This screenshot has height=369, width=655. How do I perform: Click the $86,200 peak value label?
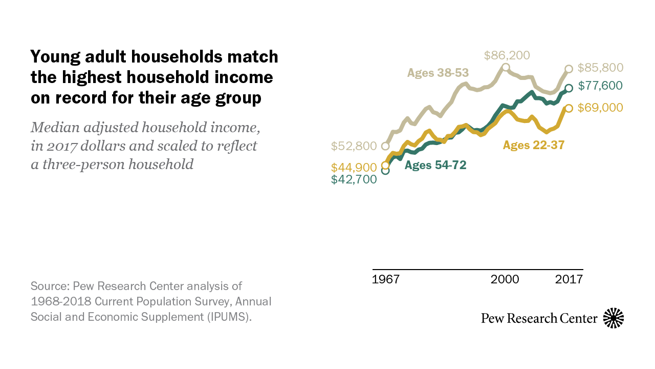tap(507, 55)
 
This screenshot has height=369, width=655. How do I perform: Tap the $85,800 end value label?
tap(600, 68)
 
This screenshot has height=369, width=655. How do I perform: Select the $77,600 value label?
tap(600, 86)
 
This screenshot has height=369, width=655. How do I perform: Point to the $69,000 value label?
tap(600, 108)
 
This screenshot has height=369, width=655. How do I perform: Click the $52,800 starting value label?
tap(354, 146)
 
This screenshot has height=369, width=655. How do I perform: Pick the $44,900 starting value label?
tap(354, 168)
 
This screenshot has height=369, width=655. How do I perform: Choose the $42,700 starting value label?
tap(354, 179)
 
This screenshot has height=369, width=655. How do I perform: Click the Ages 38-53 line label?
tap(438, 73)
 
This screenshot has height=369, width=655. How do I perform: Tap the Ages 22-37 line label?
tap(533, 146)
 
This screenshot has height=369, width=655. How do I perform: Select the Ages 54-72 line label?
tap(435, 165)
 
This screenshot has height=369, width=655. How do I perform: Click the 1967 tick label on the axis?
tap(386, 279)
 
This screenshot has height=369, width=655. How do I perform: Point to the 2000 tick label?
tap(505, 279)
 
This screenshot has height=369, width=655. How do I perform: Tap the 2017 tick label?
tap(569, 279)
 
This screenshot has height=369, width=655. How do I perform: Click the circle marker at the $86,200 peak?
tap(506, 67)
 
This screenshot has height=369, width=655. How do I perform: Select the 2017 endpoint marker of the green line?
tap(569, 88)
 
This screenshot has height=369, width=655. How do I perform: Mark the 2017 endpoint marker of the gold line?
tap(569, 108)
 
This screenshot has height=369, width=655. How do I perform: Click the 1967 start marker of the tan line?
tap(385, 146)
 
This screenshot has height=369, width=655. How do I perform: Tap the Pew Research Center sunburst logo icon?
tap(614, 318)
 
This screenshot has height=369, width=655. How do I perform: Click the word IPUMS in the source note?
tap(228, 317)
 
